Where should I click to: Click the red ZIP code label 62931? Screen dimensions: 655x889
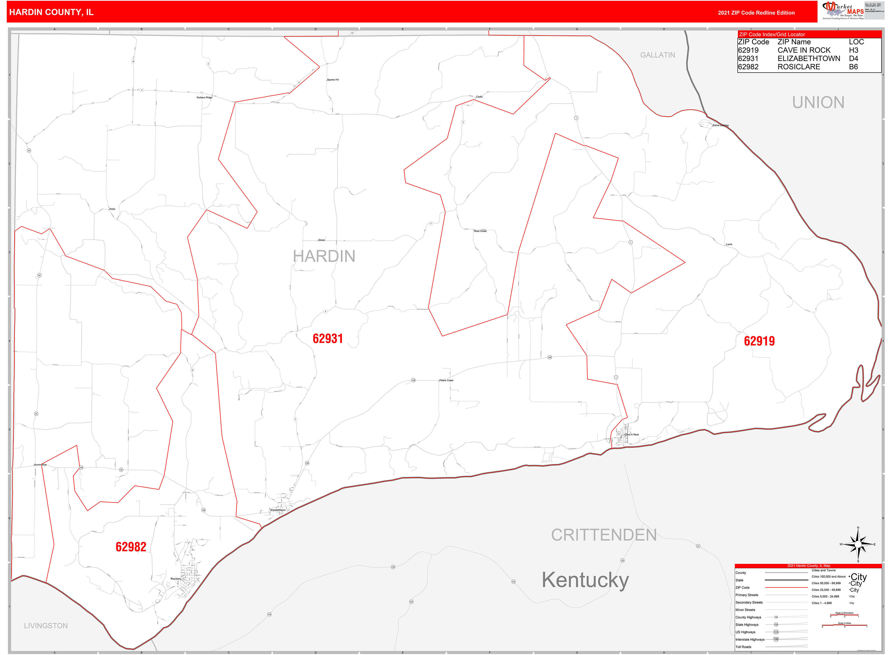327,339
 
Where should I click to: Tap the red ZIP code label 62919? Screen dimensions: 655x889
759,341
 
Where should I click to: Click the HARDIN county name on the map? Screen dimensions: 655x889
324,256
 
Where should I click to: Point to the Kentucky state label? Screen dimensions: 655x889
585,580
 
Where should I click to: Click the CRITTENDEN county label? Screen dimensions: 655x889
604,535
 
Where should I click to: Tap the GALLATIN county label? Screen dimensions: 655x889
657,55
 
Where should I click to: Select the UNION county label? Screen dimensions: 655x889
818,102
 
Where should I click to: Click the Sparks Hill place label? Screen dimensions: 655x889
333,80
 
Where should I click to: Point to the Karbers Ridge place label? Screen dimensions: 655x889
204,97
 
